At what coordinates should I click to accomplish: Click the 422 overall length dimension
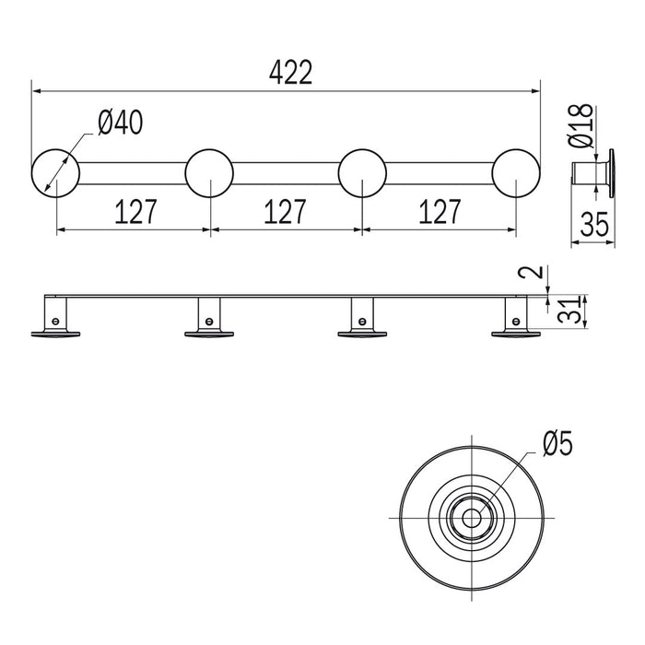tap(291, 73)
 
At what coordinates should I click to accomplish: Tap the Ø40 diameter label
tap(121, 123)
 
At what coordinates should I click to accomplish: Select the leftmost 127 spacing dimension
tap(135, 211)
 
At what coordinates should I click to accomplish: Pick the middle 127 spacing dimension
tap(285, 211)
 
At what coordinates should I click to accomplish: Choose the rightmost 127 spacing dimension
tap(440, 211)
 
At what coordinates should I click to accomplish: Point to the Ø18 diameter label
tap(580, 125)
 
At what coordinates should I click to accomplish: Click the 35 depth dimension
tap(594, 225)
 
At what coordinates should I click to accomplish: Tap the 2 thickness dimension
tap(535, 272)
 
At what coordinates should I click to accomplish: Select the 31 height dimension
tap(569, 311)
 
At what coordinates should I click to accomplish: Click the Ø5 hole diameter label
tap(557, 443)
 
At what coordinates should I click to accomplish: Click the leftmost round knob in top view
tap(55, 173)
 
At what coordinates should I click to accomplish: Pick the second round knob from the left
tap(209, 173)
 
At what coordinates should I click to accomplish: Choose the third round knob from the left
tap(362, 173)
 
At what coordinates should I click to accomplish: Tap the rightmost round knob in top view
tap(516, 173)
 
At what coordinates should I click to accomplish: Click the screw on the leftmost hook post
tap(55, 321)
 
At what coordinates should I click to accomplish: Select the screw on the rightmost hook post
tap(516, 321)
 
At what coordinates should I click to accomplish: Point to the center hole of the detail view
tap(472, 518)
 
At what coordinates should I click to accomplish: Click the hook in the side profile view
tap(593, 173)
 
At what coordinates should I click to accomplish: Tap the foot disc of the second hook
tap(209, 334)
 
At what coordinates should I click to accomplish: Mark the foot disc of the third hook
tap(362, 334)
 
